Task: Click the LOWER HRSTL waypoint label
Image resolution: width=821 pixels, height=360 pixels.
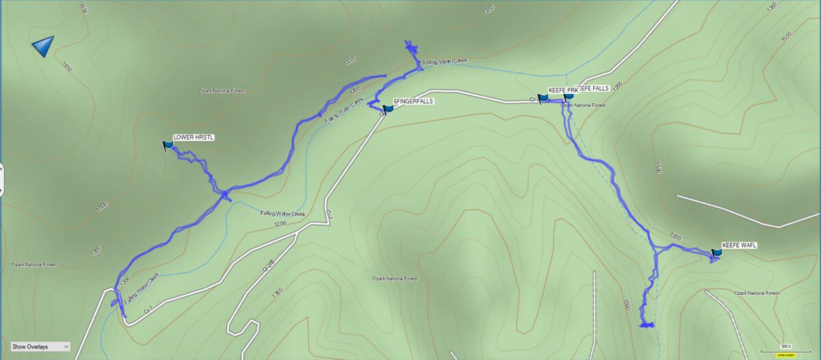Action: tap(194, 138)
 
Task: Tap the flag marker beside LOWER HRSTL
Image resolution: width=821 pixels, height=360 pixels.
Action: tap(168, 145)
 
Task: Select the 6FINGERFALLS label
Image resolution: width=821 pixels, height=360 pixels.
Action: tap(414, 101)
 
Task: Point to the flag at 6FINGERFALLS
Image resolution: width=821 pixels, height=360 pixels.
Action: tap(389, 108)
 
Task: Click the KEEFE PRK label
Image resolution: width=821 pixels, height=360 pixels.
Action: tap(562, 90)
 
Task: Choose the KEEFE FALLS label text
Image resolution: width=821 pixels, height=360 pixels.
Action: tap(594, 88)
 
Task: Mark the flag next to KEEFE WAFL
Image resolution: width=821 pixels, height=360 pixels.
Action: tap(716, 254)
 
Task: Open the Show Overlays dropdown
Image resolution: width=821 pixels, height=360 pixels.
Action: tap(40, 347)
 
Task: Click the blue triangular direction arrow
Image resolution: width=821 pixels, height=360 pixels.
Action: tap(43, 47)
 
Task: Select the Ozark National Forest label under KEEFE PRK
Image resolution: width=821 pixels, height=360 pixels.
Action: tap(583, 105)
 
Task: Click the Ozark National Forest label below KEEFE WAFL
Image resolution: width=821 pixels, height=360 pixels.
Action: tap(757, 293)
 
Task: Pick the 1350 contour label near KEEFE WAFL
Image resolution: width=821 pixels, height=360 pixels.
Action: tap(676, 237)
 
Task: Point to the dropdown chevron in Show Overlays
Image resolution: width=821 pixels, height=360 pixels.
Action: tap(66, 347)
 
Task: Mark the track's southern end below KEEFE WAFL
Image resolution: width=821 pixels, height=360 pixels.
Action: tap(647, 325)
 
